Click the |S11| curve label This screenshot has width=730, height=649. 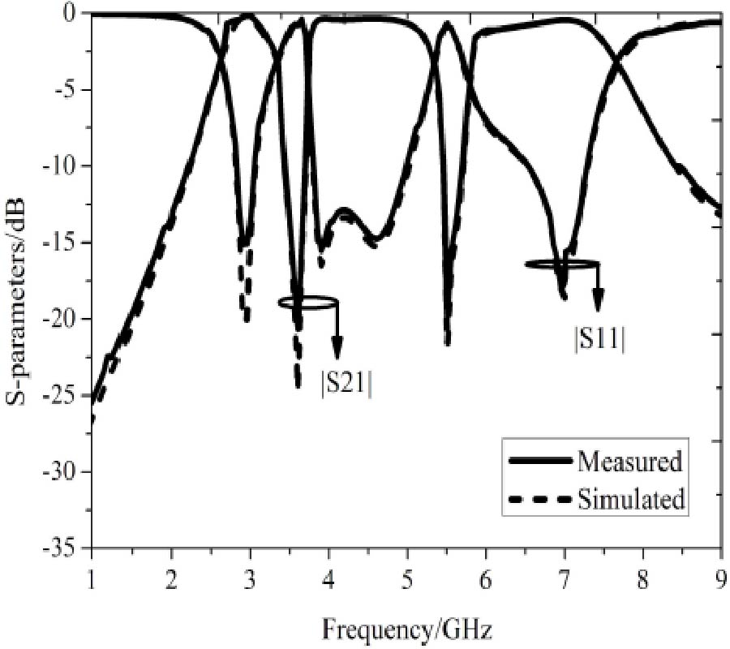point(599,338)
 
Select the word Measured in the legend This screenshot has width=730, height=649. point(629,462)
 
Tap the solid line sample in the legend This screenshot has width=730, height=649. point(541,462)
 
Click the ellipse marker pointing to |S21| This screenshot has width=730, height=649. point(307,303)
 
